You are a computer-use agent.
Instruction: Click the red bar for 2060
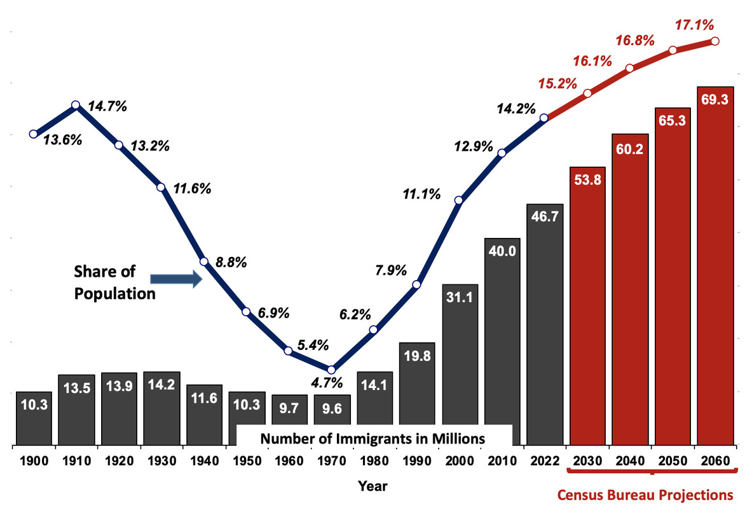(715, 267)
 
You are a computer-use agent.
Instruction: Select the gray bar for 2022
(545, 324)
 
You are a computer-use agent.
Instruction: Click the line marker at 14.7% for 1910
(76, 105)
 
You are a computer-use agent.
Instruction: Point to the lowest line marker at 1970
(331, 370)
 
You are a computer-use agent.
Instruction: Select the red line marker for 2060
(714, 41)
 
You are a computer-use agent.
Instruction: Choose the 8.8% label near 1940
(231, 261)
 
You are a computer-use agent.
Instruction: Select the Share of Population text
(114, 282)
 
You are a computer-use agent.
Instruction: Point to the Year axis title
(373, 486)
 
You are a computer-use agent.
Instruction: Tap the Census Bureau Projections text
(645, 494)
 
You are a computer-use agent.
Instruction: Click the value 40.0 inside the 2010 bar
(502, 250)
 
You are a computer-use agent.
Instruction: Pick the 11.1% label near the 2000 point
(421, 195)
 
